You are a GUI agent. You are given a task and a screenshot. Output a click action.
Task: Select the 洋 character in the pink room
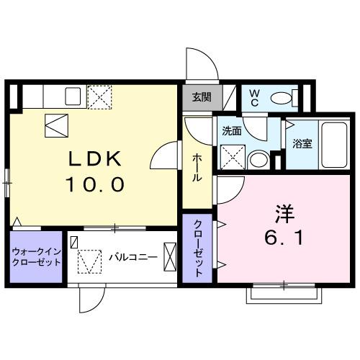284,214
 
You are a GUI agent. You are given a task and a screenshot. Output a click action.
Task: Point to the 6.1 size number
284,238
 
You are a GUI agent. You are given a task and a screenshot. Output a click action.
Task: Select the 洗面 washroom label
231,131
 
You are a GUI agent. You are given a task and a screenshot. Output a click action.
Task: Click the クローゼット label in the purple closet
198,248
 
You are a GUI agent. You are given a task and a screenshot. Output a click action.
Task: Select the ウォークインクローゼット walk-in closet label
36,256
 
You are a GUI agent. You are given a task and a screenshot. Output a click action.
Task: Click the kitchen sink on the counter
73,96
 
